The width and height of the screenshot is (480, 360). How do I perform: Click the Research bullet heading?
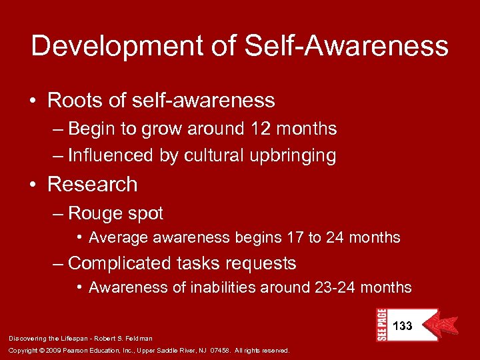(x=93, y=184)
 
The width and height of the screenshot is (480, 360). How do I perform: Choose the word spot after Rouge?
(x=145, y=213)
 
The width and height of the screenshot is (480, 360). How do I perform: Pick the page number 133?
(x=403, y=326)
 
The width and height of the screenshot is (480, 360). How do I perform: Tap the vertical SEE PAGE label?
(x=382, y=325)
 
